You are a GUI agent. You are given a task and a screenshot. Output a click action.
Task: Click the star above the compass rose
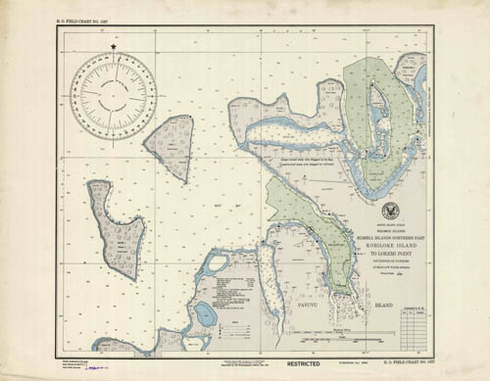tap(114, 46)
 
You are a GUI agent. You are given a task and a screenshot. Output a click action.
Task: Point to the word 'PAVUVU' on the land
tap(305, 306)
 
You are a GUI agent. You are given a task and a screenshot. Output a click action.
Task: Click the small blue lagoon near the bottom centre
tap(205, 313)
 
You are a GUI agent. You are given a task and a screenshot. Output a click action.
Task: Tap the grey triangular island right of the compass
tap(169, 144)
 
